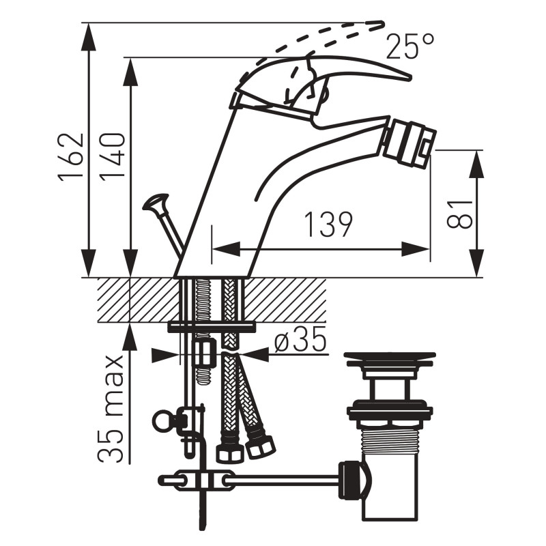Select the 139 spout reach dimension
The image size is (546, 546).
tap(328, 225)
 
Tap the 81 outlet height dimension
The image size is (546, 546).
tap(459, 214)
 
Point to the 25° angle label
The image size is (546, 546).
tap(410, 46)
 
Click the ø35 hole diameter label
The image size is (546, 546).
tap(300, 339)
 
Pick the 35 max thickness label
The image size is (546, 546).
tap(111, 409)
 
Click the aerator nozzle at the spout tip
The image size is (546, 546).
tap(409, 145)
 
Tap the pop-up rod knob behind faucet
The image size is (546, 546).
tap(156, 201)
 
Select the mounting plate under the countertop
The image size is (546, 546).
tap(212, 328)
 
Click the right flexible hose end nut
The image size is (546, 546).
tap(261, 447)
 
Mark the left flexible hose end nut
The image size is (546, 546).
tap(229, 452)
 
